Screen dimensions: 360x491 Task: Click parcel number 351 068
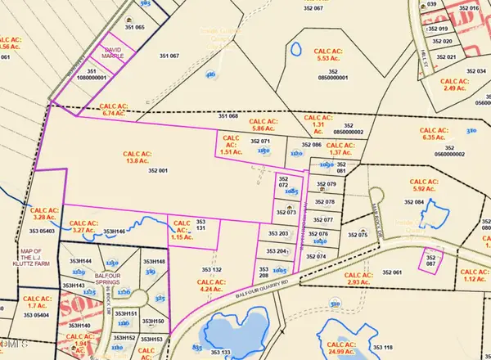pos(227,116)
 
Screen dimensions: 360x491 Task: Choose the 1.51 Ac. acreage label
pos(232,147)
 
